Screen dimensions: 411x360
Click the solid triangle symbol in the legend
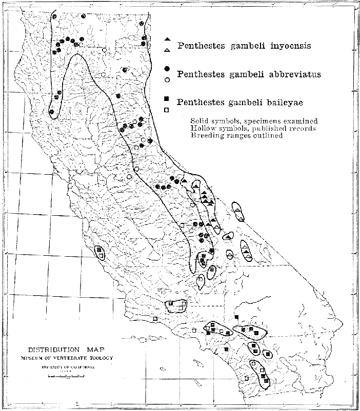pyautogui.click(x=167, y=39)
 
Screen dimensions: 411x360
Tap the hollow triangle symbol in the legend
pyautogui.click(x=167, y=49)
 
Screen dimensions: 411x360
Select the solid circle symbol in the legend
pyautogui.click(x=167, y=69)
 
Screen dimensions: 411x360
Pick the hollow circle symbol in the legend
pyautogui.click(x=167, y=79)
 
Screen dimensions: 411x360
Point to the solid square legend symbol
pyautogui.click(x=167, y=98)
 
